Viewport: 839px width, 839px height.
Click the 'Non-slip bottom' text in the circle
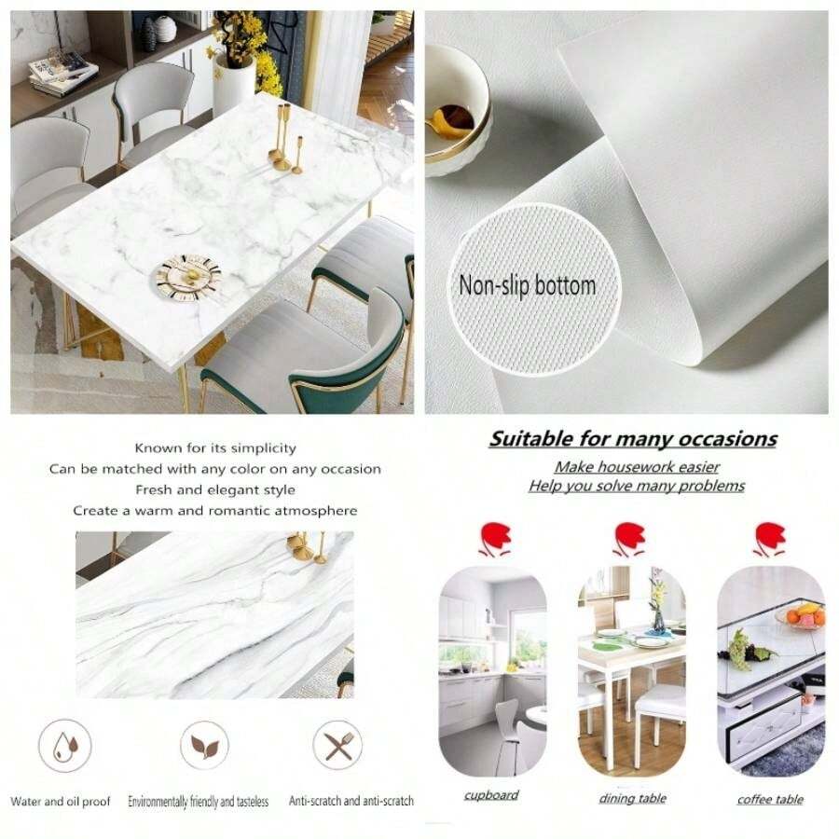tap(527, 285)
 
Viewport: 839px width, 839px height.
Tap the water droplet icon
tap(64, 746)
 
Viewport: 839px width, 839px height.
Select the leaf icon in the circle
tap(204, 746)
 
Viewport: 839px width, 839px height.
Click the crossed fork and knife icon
tap(337, 746)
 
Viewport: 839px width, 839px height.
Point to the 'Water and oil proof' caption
tap(61, 802)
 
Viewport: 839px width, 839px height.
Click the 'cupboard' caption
tap(491, 795)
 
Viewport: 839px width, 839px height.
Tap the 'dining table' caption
tap(631, 798)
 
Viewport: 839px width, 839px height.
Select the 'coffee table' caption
tap(770, 799)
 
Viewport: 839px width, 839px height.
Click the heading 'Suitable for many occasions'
tap(633, 439)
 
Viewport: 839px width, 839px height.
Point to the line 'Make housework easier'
tap(637, 467)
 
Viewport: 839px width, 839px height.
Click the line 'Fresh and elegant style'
tap(215, 489)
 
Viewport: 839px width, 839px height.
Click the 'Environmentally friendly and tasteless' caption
tap(199, 802)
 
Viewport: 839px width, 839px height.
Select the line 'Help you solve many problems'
tap(637, 486)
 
